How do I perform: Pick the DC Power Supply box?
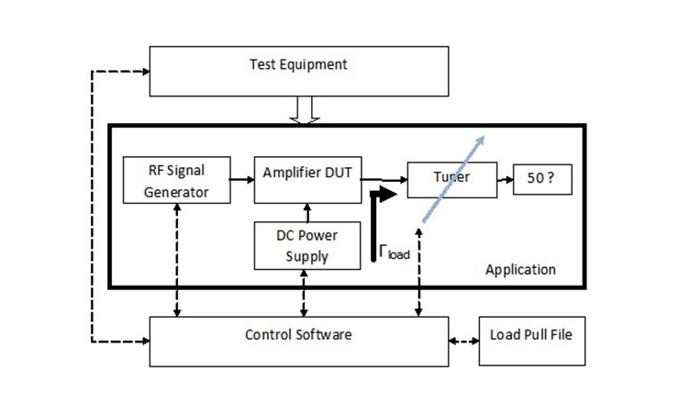point(306,245)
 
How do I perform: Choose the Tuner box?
point(451,178)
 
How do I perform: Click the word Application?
point(520,270)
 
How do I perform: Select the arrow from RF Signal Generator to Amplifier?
point(242,179)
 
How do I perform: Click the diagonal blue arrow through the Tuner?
point(452,174)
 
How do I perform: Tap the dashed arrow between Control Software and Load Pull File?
point(462,341)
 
